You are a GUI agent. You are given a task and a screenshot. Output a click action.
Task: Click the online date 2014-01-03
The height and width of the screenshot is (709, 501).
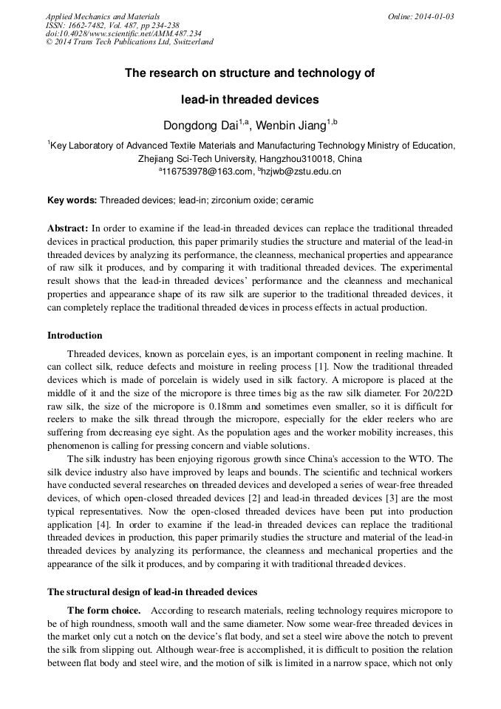[x=431, y=16]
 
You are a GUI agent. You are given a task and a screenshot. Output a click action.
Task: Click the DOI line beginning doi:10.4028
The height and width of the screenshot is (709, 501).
[x=123, y=33]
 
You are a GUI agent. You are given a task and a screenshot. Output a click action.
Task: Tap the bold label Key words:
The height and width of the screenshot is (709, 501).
[x=72, y=200]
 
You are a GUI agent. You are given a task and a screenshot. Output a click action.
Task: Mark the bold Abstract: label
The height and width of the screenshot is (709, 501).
[x=68, y=228]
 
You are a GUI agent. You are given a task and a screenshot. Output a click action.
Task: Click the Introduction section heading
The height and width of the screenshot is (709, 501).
[x=75, y=336]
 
